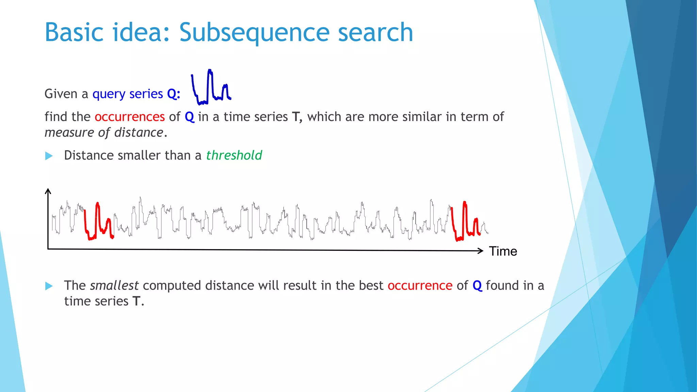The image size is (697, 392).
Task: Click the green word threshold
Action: (x=234, y=156)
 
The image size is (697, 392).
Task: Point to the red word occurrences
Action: (x=130, y=117)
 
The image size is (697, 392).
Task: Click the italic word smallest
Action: (x=114, y=285)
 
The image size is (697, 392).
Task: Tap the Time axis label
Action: (x=503, y=251)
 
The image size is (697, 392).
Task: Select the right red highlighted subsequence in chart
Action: (x=465, y=221)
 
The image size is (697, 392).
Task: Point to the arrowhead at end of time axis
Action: (x=481, y=251)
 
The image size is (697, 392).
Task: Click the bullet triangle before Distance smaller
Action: (x=49, y=156)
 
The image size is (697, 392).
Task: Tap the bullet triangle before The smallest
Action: (x=49, y=286)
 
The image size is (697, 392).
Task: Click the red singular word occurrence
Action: (x=420, y=285)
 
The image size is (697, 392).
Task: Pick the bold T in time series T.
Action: (x=136, y=301)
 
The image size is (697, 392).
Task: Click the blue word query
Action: (x=109, y=94)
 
